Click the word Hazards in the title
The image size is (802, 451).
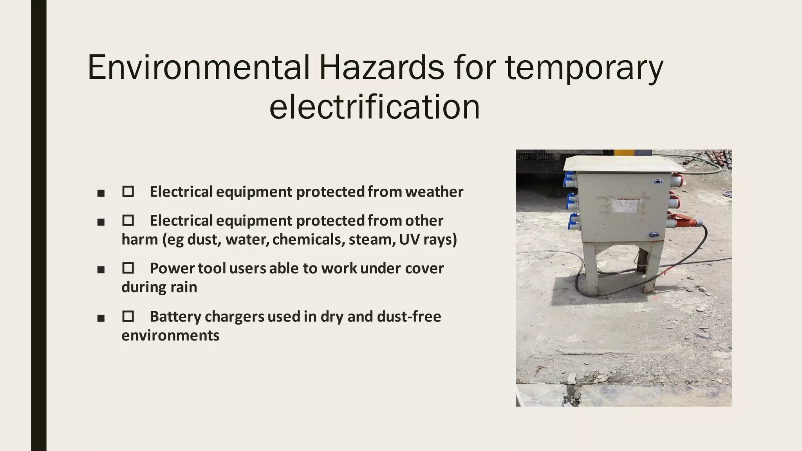point(381,67)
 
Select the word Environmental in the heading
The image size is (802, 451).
point(199,67)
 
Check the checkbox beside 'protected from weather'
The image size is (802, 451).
point(128,192)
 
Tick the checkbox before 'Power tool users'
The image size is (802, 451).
point(128,268)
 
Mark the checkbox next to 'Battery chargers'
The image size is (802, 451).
point(128,316)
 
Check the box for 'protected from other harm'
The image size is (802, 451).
point(128,220)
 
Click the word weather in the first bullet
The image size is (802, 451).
point(434,192)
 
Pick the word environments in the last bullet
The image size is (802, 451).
point(170,336)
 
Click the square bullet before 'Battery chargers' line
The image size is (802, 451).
point(101,318)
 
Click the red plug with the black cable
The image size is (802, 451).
point(683,222)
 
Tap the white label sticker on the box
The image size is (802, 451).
point(627,205)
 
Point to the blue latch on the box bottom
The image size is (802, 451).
point(653,235)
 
